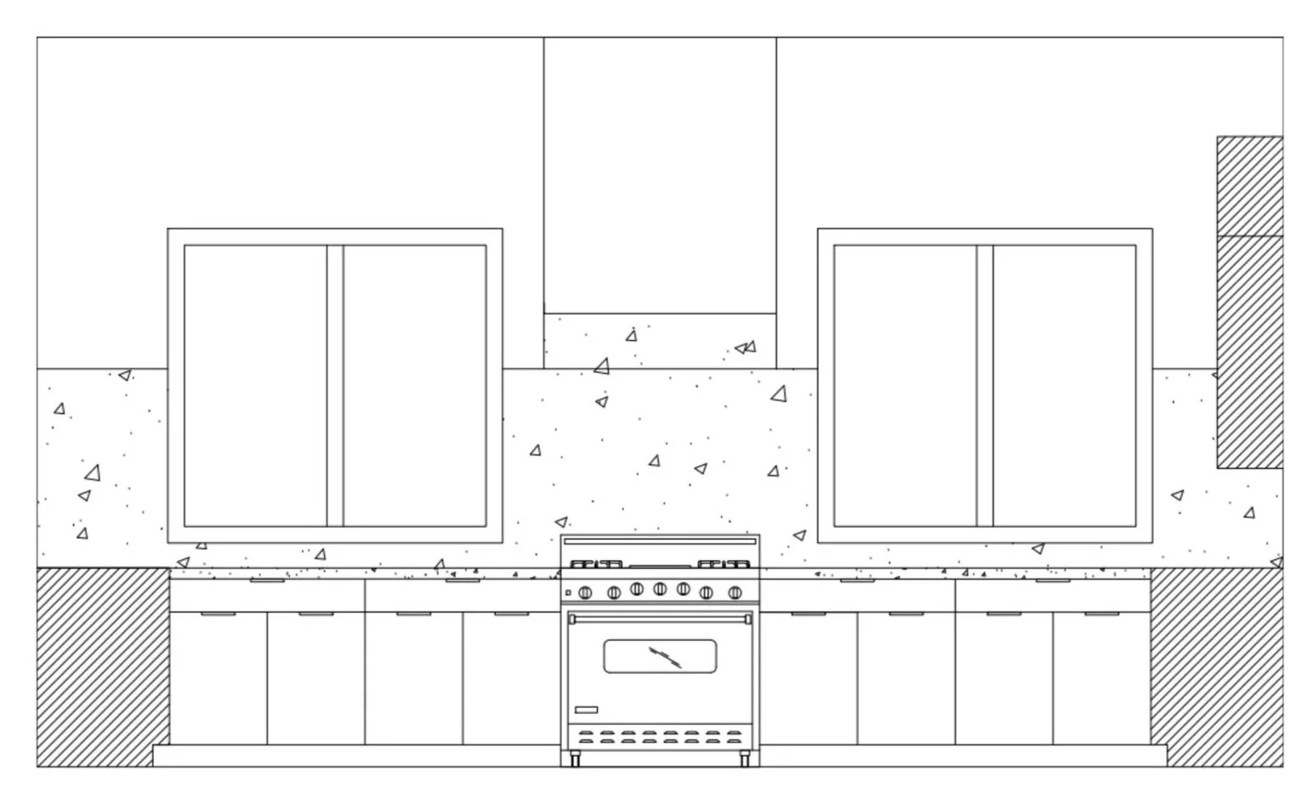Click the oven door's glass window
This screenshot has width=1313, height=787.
coord(660,656)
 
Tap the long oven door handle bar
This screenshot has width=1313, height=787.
coord(660,617)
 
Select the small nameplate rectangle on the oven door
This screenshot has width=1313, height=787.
coord(586,710)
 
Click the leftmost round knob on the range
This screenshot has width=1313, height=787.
coord(585,592)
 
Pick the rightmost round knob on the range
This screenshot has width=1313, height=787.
coord(736,592)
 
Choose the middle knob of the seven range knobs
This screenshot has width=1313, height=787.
coord(660,589)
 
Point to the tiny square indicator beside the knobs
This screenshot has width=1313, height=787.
coord(568,592)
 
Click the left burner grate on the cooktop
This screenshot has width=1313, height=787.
coord(595,563)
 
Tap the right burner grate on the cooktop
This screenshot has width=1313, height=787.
coord(725,563)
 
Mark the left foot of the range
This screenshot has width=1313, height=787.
coord(575,759)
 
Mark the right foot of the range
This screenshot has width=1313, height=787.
coord(745,759)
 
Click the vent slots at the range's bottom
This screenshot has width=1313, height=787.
coord(660,737)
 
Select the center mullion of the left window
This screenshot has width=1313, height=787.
coord(335,386)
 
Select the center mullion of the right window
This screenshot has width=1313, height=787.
coord(985,386)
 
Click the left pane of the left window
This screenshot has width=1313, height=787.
coord(255,386)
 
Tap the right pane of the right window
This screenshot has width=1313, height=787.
coord(1065,386)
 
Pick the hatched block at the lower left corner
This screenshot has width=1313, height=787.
coord(102,667)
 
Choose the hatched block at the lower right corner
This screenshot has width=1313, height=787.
coord(1217,667)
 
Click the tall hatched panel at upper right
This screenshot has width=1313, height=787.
coord(1249,302)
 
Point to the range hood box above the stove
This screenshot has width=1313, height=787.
coord(660,174)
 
